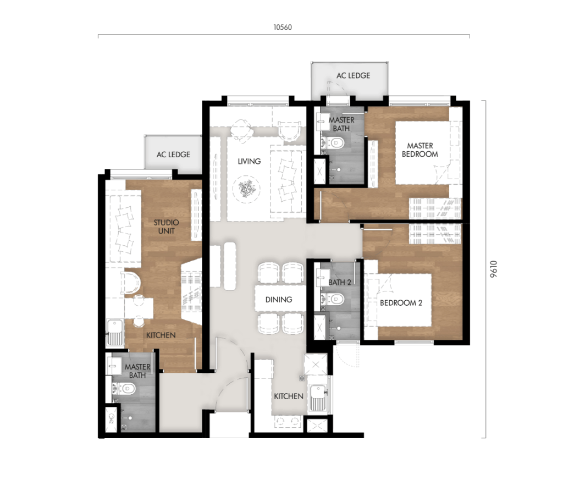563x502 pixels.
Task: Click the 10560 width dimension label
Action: (283, 27)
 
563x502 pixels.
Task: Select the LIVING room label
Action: (249, 161)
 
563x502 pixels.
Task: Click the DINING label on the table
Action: (278, 300)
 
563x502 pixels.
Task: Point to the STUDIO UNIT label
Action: (166, 227)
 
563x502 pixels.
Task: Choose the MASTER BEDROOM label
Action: (420, 150)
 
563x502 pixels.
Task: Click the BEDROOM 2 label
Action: (401, 302)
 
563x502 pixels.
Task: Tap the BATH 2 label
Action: (340, 282)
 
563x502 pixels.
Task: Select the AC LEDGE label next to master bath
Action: (353, 75)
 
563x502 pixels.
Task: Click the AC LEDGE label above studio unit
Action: (173, 155)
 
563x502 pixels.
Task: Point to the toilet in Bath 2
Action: (335, 299)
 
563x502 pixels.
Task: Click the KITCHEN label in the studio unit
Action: (161, 335)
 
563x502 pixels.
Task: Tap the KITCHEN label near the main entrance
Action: (289, 396)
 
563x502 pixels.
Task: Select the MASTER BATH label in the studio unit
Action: (137, 371)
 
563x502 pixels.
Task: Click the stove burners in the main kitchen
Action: (288, 422)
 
